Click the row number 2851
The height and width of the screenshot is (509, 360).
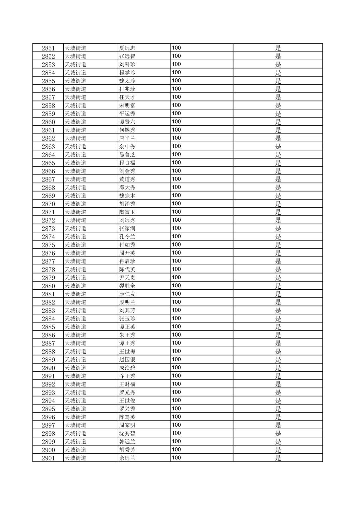pos(48,48)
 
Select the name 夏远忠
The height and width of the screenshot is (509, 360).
pos(127,48)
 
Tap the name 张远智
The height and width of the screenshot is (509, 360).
pos(127,56)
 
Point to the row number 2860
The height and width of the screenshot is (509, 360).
pos(48,122)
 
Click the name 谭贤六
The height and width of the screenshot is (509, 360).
pos(127,122)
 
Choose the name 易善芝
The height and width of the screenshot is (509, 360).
pos(127,155)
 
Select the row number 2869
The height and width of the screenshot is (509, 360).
pos(48,196)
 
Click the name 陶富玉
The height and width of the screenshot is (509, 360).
pos(127,212)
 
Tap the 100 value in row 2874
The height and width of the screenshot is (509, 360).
pos(176,236)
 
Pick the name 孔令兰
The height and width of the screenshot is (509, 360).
pos(127,237)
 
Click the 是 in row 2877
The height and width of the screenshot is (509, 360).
pos(278,261)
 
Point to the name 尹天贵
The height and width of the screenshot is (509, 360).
pos(127,278)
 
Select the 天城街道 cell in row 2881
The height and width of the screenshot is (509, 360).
pos(75,294)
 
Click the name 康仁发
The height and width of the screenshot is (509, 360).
pos(127,294)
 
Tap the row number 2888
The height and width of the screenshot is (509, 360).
pos(48,352)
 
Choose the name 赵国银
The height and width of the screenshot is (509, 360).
pos(127,360)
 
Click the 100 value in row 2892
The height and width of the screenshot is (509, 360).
pos(176,384)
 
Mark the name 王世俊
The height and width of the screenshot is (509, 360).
pos(127,401)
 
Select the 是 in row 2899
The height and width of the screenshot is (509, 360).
pos(278,442)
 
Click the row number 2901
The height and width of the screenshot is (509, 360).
pos(48,458)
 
